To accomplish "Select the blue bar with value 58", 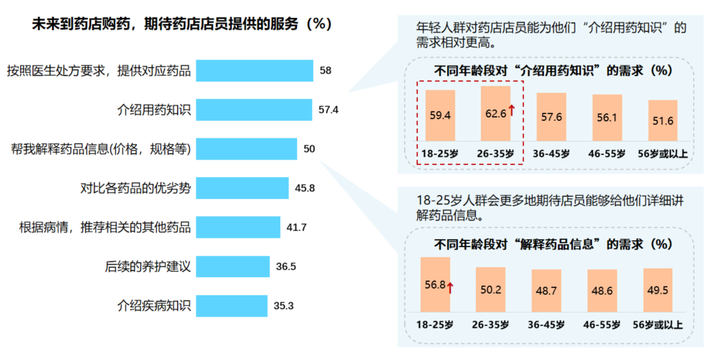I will point(254,71).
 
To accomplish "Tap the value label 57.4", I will point(328,110).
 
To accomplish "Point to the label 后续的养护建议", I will point(148,266).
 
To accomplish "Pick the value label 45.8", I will point(305,188).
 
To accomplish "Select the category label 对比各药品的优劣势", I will point(136,188).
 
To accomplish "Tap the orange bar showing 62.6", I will point(495,114).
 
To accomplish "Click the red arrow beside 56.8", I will point(451,287).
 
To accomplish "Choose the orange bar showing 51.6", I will point(662,120).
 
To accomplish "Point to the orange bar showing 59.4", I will point(440,115).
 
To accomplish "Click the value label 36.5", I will point(286,266).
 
